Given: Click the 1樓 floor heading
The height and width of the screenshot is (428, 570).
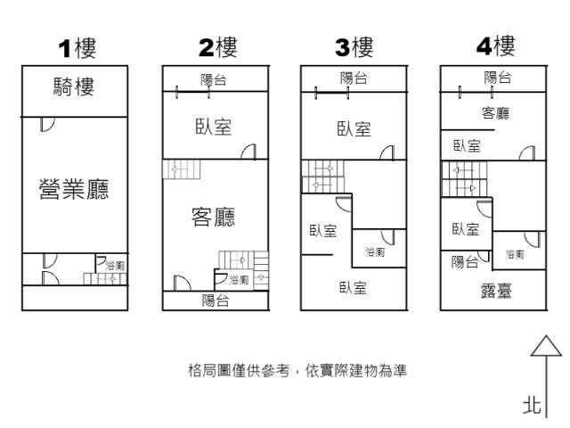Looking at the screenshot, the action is (x=77, y=48).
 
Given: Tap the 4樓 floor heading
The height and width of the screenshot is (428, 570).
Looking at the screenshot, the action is (x=496, y=46).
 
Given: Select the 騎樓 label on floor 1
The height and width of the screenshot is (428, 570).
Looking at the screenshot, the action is (x=74, y=86).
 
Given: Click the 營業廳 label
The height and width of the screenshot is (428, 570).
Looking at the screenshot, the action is (x=74, y=189).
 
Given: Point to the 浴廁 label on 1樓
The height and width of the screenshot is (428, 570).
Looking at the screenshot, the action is (x=115, y=266).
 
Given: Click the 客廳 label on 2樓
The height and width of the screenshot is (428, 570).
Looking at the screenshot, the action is (x=214, y=217).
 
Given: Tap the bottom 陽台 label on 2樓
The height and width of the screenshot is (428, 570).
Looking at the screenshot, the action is (x=216, y=301).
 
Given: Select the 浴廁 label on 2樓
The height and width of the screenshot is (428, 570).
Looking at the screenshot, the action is (x=239, y=279).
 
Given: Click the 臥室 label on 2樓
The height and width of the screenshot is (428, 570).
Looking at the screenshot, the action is (x=214, y=127).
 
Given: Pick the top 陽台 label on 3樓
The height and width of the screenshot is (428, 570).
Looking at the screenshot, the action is (x=354, y=78).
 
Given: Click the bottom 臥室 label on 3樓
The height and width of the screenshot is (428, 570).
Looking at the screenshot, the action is (x=353, y=288).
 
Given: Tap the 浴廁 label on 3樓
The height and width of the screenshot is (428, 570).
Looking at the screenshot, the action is (x=375, y=251).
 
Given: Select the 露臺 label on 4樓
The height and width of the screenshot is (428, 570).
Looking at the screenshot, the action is (x=496, y=291).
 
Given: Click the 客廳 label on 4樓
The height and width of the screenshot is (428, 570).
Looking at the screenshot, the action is (x=495, y=113).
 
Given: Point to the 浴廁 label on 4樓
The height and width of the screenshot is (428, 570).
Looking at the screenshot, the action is (x=515, y=254).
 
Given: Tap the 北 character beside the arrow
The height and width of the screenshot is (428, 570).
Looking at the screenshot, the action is (x=532, y=406).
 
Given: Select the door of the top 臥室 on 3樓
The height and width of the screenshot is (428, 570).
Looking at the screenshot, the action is (x=387, y=152).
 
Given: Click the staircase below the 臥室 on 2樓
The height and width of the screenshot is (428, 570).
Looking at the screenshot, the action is (x=181, y=169).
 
